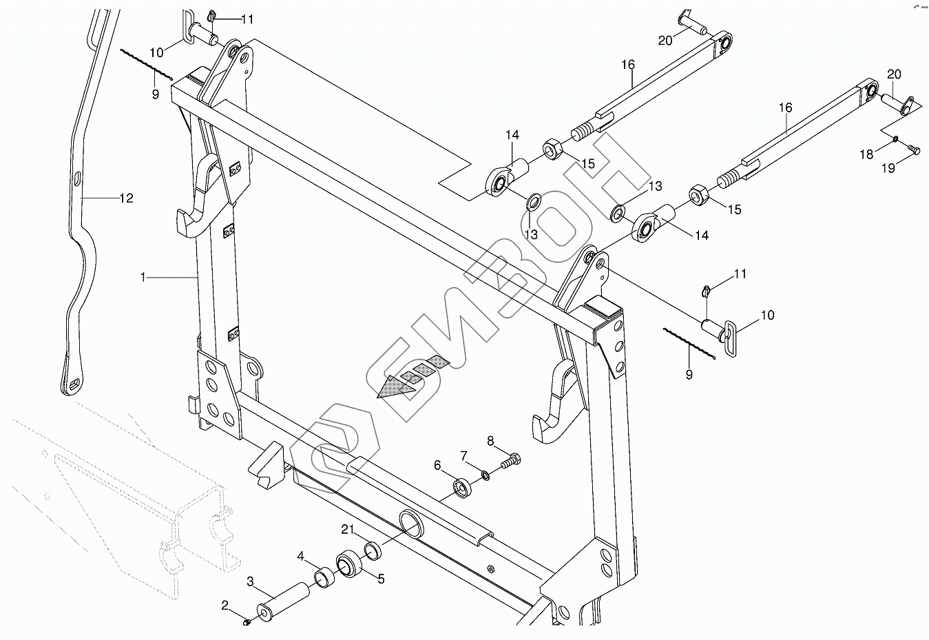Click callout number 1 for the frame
[x=143, y=277]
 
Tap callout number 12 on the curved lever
[x=126, y=198]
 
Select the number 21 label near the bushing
[x=347, y=530]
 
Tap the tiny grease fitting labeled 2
[x=247, y=622]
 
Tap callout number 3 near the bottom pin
[x=251, y=581]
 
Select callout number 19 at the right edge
[x=888, y=167]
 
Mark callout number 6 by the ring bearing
[x=437, y=466]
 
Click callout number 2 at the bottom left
[x=225, y=606]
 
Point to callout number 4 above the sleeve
[x=301, y=555]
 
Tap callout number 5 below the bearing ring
[x=381, y=579]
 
